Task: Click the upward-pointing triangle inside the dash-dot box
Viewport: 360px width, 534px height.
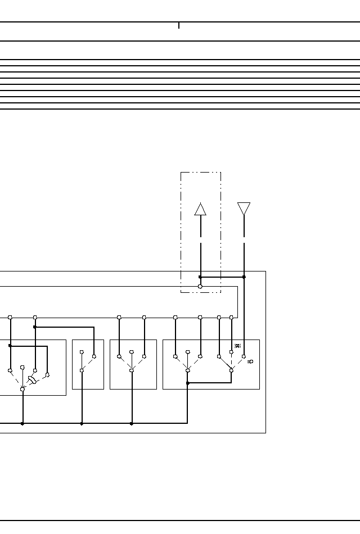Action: pos(200,209)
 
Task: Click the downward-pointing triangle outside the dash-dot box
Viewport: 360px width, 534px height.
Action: pos(244,208)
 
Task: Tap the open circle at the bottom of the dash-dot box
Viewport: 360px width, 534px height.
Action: pos(200,287)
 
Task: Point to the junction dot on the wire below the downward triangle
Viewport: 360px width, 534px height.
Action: pos(244,277)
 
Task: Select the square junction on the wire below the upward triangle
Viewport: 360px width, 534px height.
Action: pos(200,277)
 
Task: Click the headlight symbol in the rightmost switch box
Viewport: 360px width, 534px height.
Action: pos(250,361)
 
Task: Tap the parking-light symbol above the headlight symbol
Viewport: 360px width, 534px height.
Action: pos(237,346)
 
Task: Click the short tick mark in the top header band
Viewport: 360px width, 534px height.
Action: pos(179,25)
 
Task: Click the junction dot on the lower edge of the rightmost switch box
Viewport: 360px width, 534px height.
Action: pos(187,383)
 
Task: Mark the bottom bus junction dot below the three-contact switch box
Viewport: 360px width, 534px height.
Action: pos(132,423)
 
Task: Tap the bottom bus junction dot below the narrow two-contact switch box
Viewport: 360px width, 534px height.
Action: pos(82,423)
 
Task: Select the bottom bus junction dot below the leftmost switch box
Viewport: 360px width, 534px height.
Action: pos(22,423)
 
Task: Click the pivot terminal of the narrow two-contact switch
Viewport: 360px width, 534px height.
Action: pos(82,370)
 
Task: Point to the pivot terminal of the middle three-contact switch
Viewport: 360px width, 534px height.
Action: pos(132,370)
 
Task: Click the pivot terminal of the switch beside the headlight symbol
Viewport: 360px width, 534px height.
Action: pos(231,370)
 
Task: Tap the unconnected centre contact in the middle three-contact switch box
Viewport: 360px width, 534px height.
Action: pos(132,352)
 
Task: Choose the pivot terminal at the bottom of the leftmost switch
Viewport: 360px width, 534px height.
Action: pos(22,389)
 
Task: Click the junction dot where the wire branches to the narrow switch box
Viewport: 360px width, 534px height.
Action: pos(35,327)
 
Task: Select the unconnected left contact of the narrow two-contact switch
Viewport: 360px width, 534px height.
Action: pos(82,352)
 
